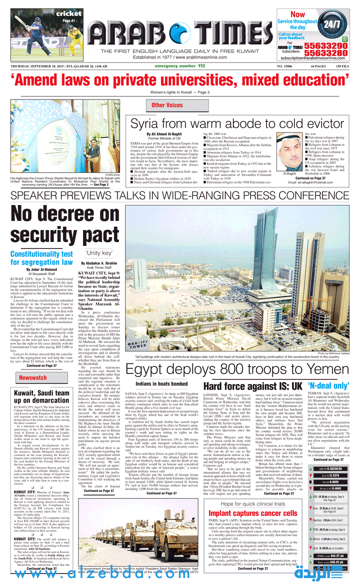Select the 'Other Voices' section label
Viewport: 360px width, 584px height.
(x=167, y=105)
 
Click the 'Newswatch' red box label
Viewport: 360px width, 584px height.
(x=33, y=378)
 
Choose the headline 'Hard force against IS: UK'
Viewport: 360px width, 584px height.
(x=259, y=386)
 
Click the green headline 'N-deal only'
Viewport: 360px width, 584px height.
(x=328, y=386)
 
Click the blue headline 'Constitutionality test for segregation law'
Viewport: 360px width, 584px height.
(x=41, y=258)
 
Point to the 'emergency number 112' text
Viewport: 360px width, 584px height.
(x=179, y=66)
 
